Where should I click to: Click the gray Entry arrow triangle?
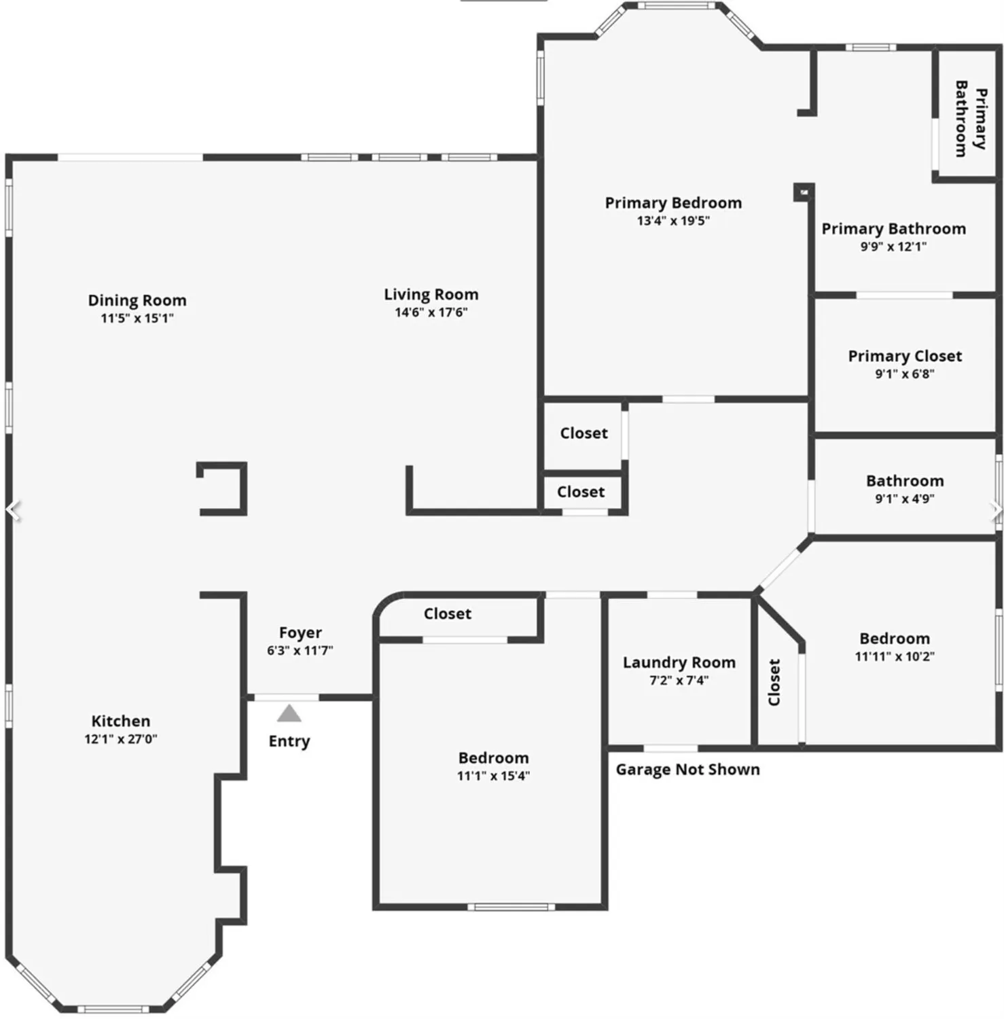point(289,713)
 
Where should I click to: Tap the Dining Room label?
point(137,300)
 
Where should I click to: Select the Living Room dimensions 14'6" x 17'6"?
point(431,312)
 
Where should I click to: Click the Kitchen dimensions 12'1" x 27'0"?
point(121,739)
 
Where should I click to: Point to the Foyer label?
point(300,632)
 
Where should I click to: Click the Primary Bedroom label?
point(673,202)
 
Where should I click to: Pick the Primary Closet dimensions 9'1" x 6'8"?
point(905,374)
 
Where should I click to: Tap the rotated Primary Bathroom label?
point(971,118)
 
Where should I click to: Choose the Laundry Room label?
point(679,662)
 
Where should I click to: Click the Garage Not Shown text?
point(687,770)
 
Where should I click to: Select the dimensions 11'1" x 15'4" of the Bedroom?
point(493,776)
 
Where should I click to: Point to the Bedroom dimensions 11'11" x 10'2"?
point(895,656)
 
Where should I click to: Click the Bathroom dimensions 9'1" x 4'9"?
point(905,499)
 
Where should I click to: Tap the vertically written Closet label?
point(774,682)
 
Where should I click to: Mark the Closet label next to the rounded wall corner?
point(448,613)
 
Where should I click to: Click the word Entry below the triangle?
point(289,741)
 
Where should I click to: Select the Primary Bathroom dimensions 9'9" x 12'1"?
point(893,247)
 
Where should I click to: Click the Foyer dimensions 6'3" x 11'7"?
point(300,650)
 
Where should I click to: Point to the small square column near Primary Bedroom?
point(804,192)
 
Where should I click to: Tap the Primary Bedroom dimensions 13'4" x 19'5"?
point(673,221)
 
